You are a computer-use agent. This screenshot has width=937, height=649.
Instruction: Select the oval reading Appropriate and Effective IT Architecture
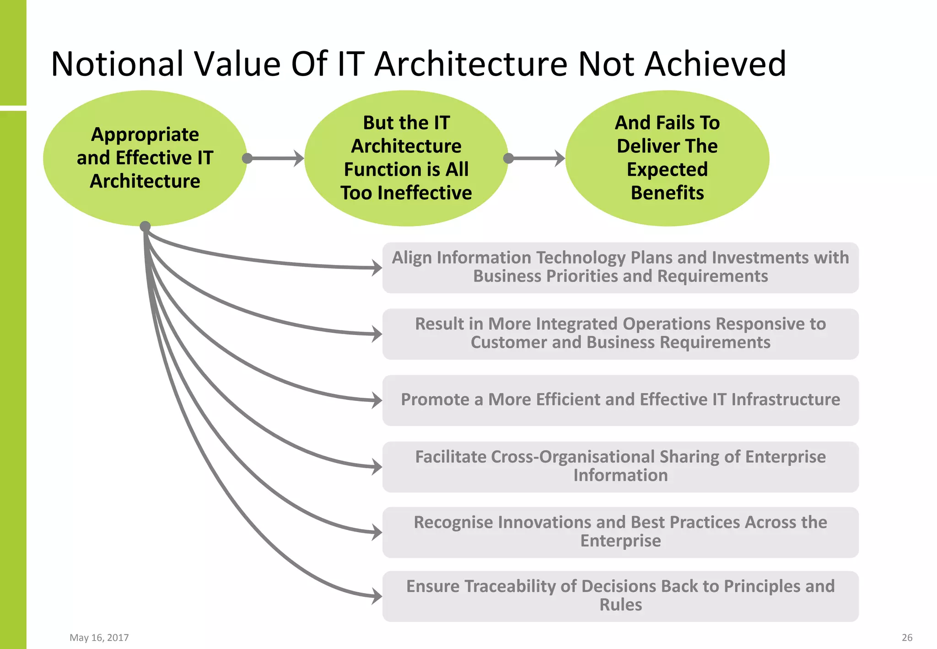(145, 158)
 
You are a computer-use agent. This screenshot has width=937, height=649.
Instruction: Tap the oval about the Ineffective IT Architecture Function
(406, 158)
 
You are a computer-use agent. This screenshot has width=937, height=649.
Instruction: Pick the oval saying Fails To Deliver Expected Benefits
(667, 158)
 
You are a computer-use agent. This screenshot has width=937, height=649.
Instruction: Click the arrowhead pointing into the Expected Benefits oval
(560, 158)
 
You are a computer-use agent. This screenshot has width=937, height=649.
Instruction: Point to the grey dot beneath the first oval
(145, 226)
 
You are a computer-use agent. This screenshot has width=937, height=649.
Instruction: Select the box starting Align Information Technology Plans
(620, 268)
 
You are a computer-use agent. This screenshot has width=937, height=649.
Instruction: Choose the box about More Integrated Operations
(620, 334)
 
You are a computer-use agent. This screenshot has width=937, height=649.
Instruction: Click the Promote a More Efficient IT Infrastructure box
(620, 400)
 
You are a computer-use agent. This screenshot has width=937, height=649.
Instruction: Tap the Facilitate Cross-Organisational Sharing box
(620, 466)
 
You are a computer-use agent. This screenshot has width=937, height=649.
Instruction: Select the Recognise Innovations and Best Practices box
(620, 532)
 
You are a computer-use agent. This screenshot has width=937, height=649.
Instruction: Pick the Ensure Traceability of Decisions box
(620, 596)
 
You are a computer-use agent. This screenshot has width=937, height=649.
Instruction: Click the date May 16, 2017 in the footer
(99, 638)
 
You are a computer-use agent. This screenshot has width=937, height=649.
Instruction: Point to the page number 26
(907, 638)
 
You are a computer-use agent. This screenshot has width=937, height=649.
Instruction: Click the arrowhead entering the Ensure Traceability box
(377, 596)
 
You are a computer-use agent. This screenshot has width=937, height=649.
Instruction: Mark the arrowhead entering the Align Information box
(377, 268)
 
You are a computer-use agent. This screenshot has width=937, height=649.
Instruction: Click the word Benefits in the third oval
(667, 193)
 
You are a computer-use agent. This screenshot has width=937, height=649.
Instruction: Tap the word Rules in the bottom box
(620, 605)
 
